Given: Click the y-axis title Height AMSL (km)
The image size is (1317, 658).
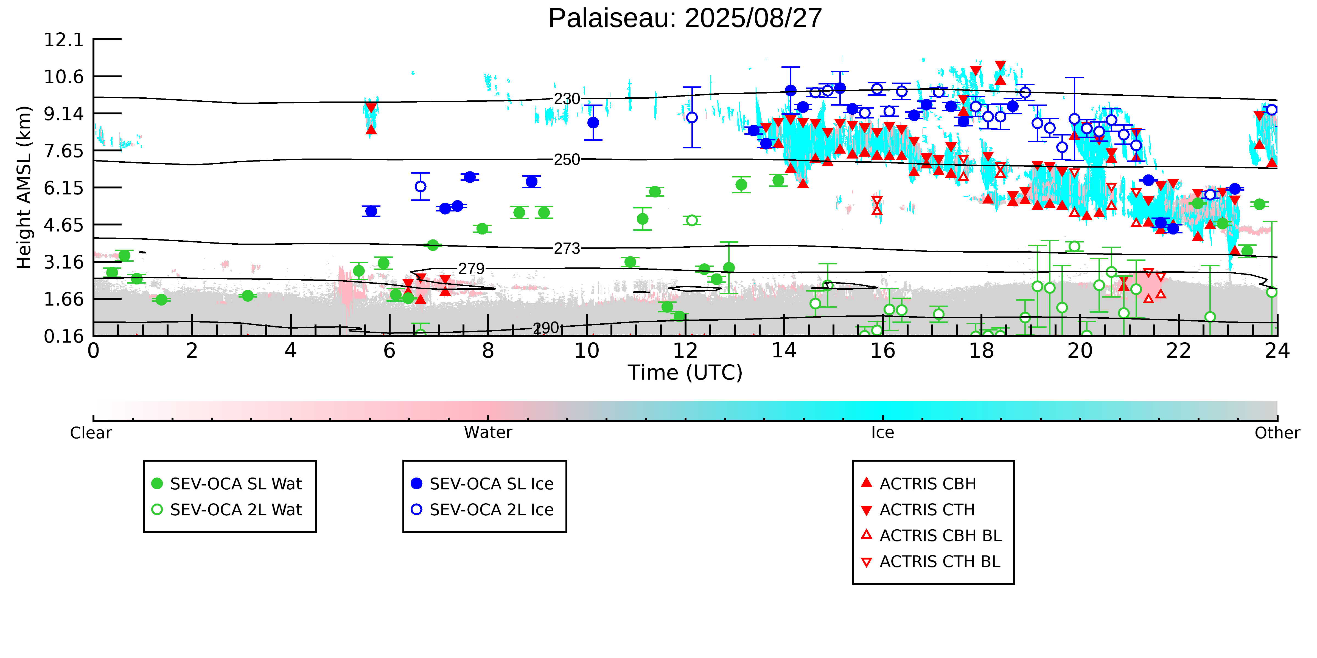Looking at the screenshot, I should point(24,188).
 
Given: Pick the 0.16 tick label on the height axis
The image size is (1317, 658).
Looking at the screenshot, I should point(63,336).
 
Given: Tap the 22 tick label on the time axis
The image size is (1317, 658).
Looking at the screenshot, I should point(1178,351).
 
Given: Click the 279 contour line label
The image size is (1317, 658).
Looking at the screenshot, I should point(471,269).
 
